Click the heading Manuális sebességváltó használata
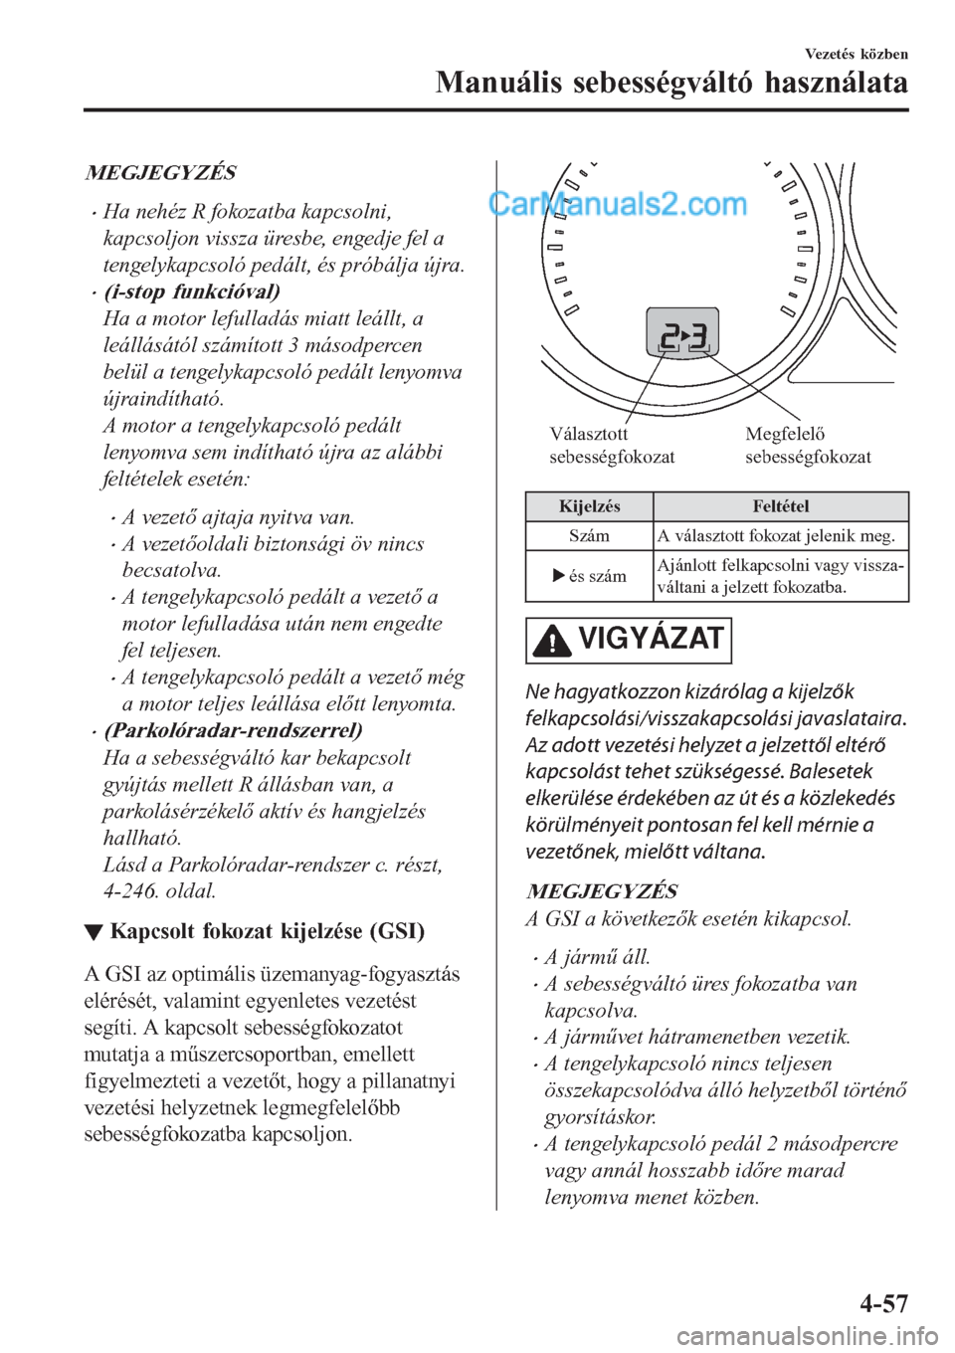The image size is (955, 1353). tap(671, 83)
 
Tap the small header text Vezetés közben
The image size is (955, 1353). tap(856, 54)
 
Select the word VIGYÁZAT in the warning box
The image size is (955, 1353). tap(650, 639)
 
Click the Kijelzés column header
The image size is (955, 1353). tap(589, 506)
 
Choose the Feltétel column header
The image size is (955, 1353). tap(781, 506)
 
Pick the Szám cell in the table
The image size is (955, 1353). tap(589, 535)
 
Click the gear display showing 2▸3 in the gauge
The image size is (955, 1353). tap(682, 334)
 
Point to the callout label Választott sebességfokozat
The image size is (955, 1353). tap(612, 446)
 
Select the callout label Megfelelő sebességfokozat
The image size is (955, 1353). tap(808, 446)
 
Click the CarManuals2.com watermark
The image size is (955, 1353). tap(618, 204)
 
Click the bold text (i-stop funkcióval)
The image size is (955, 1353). tap(191, 291)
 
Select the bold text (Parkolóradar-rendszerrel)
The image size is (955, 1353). tap(233, 730)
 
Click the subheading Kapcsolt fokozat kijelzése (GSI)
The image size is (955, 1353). tap(267, 932)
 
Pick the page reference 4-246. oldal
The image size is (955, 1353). tap(159, 890)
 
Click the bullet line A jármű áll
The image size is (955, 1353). tap(597, 957)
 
